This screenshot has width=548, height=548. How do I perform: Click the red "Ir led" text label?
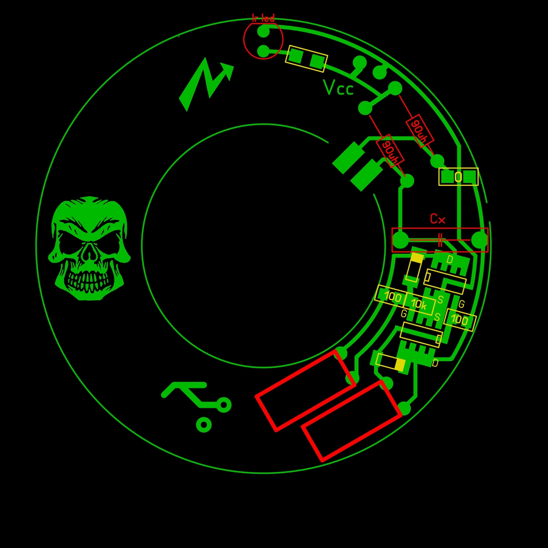(263, 18)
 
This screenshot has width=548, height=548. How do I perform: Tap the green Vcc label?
(338, 87)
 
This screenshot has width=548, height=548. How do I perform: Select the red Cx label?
(438, 219)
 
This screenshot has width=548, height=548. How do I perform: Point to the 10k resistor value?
(419, 304)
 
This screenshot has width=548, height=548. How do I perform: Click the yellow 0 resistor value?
(458, 177)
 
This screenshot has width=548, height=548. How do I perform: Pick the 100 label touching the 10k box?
(393, 297)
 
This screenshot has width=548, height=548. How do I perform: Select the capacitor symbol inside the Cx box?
(440, 240)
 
